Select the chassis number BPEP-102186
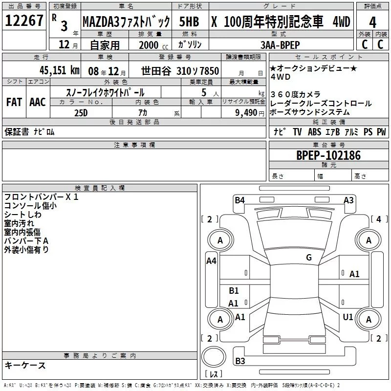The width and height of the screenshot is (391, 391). (328, 155)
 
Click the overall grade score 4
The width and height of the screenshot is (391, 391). (373, 22)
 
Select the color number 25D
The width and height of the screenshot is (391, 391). (80, 112)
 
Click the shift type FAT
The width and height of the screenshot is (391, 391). (14, 102)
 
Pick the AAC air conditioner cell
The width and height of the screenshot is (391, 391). (37, 102)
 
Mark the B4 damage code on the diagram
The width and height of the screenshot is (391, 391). (239, 200)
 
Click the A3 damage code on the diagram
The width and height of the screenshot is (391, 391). (348, 200)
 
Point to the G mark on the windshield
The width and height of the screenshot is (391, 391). (309, 258)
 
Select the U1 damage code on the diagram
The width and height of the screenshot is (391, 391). (348, 317)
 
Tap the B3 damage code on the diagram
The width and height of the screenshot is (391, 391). (240, 361)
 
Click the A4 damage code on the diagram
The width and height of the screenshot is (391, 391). (211, 261)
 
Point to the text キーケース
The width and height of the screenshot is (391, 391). (25, 365)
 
